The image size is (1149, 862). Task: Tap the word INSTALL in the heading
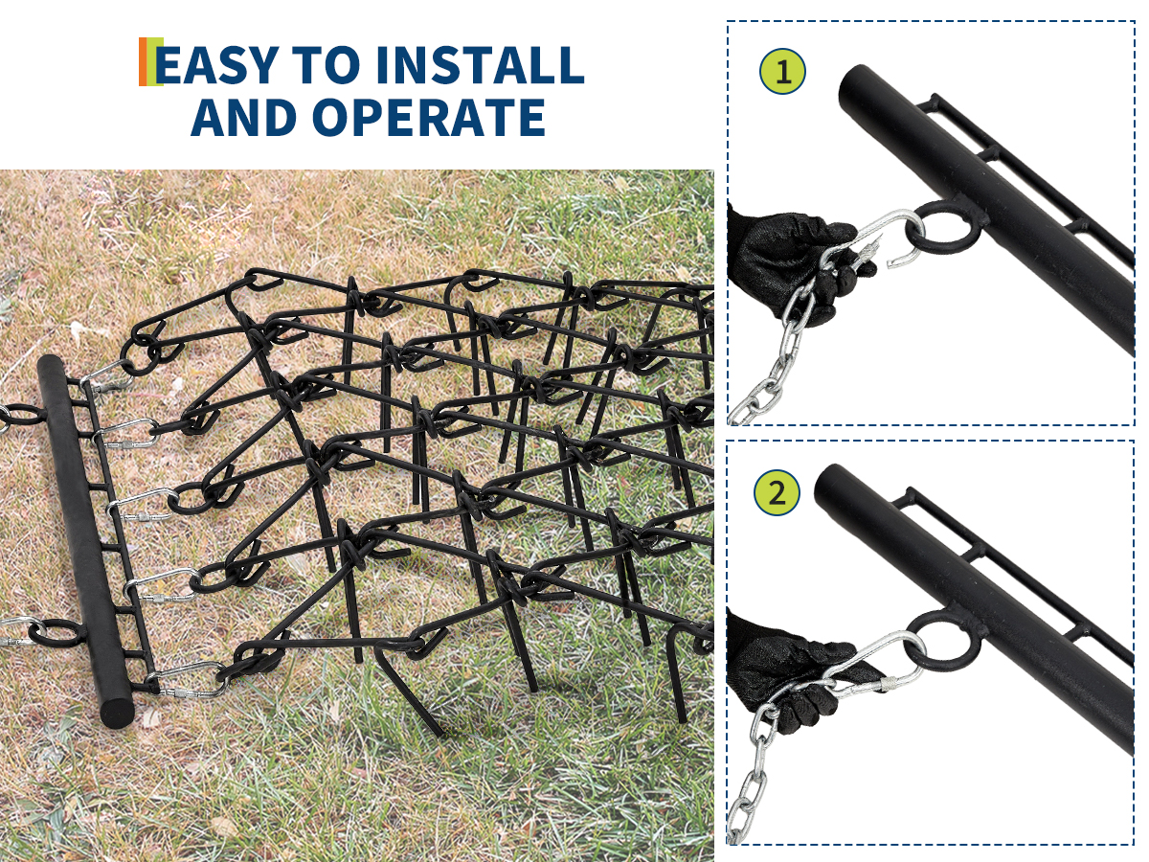pyautogui.click(x=480, y=65)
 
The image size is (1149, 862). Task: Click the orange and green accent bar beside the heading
pyautogui.click(x=150, y=61)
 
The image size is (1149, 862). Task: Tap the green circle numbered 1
pyautogui.click(x=782, y=72)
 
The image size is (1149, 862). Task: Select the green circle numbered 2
pyautogui.click(x=777, y=492)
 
